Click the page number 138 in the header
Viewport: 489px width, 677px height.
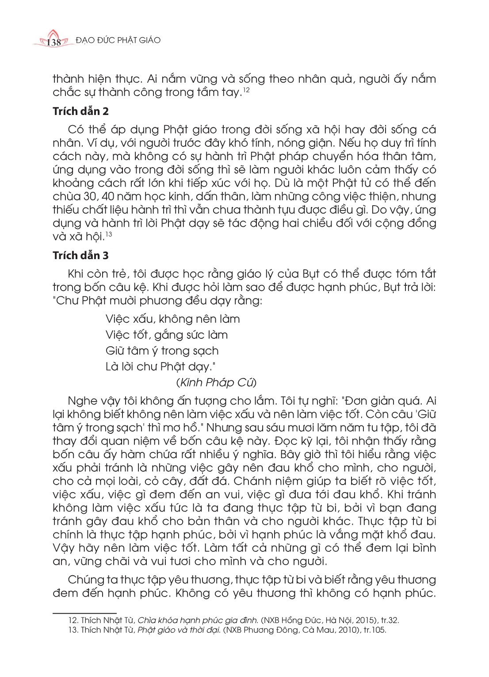53,42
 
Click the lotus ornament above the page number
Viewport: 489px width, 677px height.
53,34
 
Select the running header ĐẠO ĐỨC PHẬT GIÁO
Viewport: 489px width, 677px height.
118,40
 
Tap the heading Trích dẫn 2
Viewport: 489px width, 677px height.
80,111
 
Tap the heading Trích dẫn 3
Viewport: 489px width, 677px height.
80,256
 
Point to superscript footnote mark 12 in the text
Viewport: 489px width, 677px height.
247,90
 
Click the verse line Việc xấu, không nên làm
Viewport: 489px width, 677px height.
173,319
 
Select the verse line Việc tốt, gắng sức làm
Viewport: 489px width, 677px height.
167,335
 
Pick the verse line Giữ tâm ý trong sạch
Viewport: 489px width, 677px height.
162,351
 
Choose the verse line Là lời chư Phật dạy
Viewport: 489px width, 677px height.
160,367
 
